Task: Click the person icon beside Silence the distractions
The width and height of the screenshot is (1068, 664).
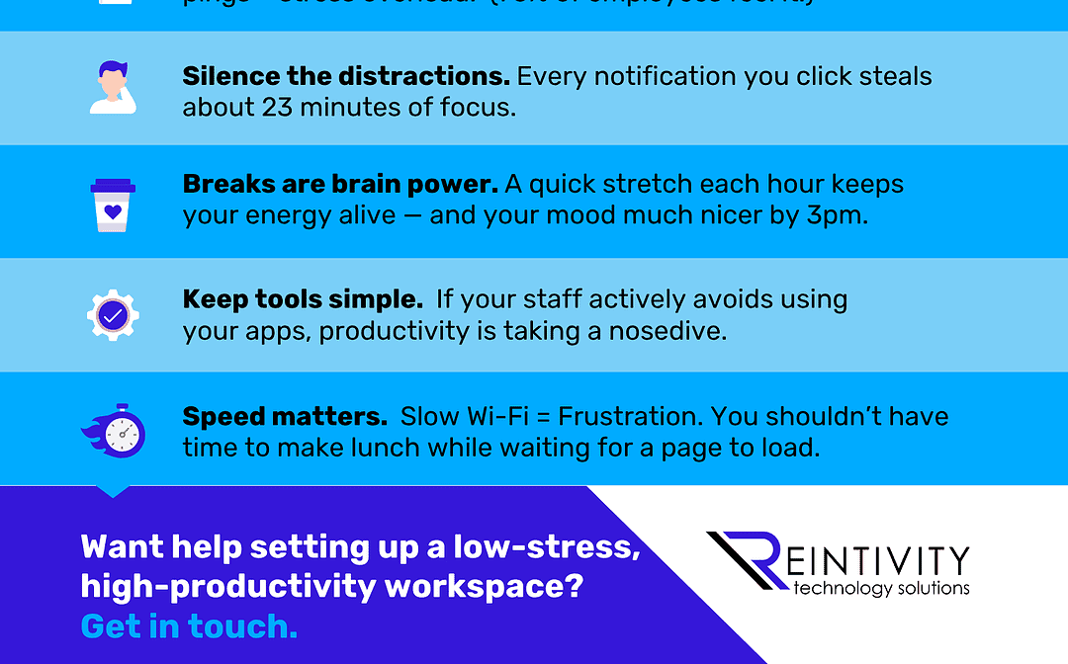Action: (112, 88)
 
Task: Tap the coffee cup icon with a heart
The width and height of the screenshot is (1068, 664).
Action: (112, 205)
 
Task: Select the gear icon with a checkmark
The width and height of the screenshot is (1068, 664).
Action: (112, 316)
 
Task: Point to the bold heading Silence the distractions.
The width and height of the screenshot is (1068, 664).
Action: (346, 77)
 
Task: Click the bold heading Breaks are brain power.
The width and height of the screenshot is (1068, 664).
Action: (340, 185)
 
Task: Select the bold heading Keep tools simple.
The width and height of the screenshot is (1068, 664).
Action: (303, 299)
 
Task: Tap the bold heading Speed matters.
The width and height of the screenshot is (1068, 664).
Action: (285, 416)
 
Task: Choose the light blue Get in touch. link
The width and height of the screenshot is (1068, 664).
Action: (189, 625)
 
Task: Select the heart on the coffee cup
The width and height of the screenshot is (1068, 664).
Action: (112, 209)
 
